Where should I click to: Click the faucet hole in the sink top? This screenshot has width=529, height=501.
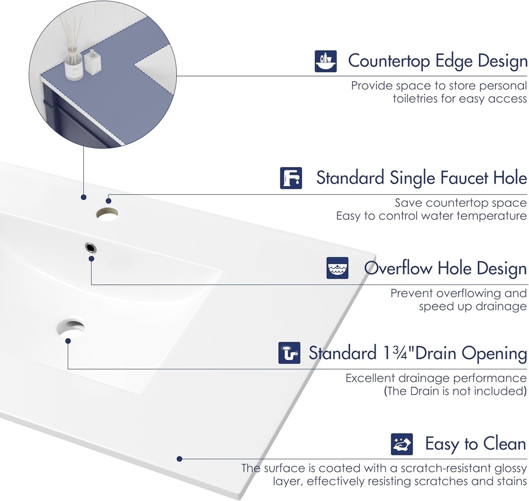point(107,213)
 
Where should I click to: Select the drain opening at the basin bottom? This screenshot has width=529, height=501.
point(71,329)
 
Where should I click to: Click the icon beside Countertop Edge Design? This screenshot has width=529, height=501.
point(325,61)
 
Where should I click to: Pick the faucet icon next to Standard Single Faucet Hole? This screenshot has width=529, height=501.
point(291,178)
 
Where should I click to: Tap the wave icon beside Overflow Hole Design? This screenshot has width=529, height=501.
point(337,268)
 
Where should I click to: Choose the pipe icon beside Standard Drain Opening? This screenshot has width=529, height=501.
point(289,353)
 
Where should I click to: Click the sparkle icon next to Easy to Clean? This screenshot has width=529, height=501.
point(402,444)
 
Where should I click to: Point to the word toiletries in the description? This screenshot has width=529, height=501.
point(415,99)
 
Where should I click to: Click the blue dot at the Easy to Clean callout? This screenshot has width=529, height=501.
point(179,459)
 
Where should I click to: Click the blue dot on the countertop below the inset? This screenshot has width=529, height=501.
point(83,197)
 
